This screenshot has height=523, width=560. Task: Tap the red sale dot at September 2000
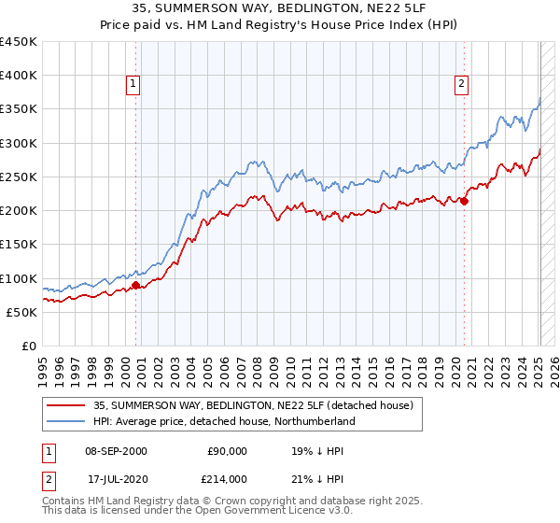pyautogui.click(x=135, y=286)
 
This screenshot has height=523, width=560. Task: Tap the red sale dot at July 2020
pyautogui.click(x=464, y=199)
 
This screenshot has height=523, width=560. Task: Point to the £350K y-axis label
pyautogui.click(x=19, y=109)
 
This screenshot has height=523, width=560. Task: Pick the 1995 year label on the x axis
pyautogui.click(x=43, y=368)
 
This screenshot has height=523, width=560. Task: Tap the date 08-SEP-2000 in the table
pyautogui.click(x=116, y=451)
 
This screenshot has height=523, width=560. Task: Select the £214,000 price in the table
pyautogui.click(x=227, y=478)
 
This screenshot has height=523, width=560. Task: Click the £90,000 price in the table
pyautogui.click(x=227, y=451)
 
